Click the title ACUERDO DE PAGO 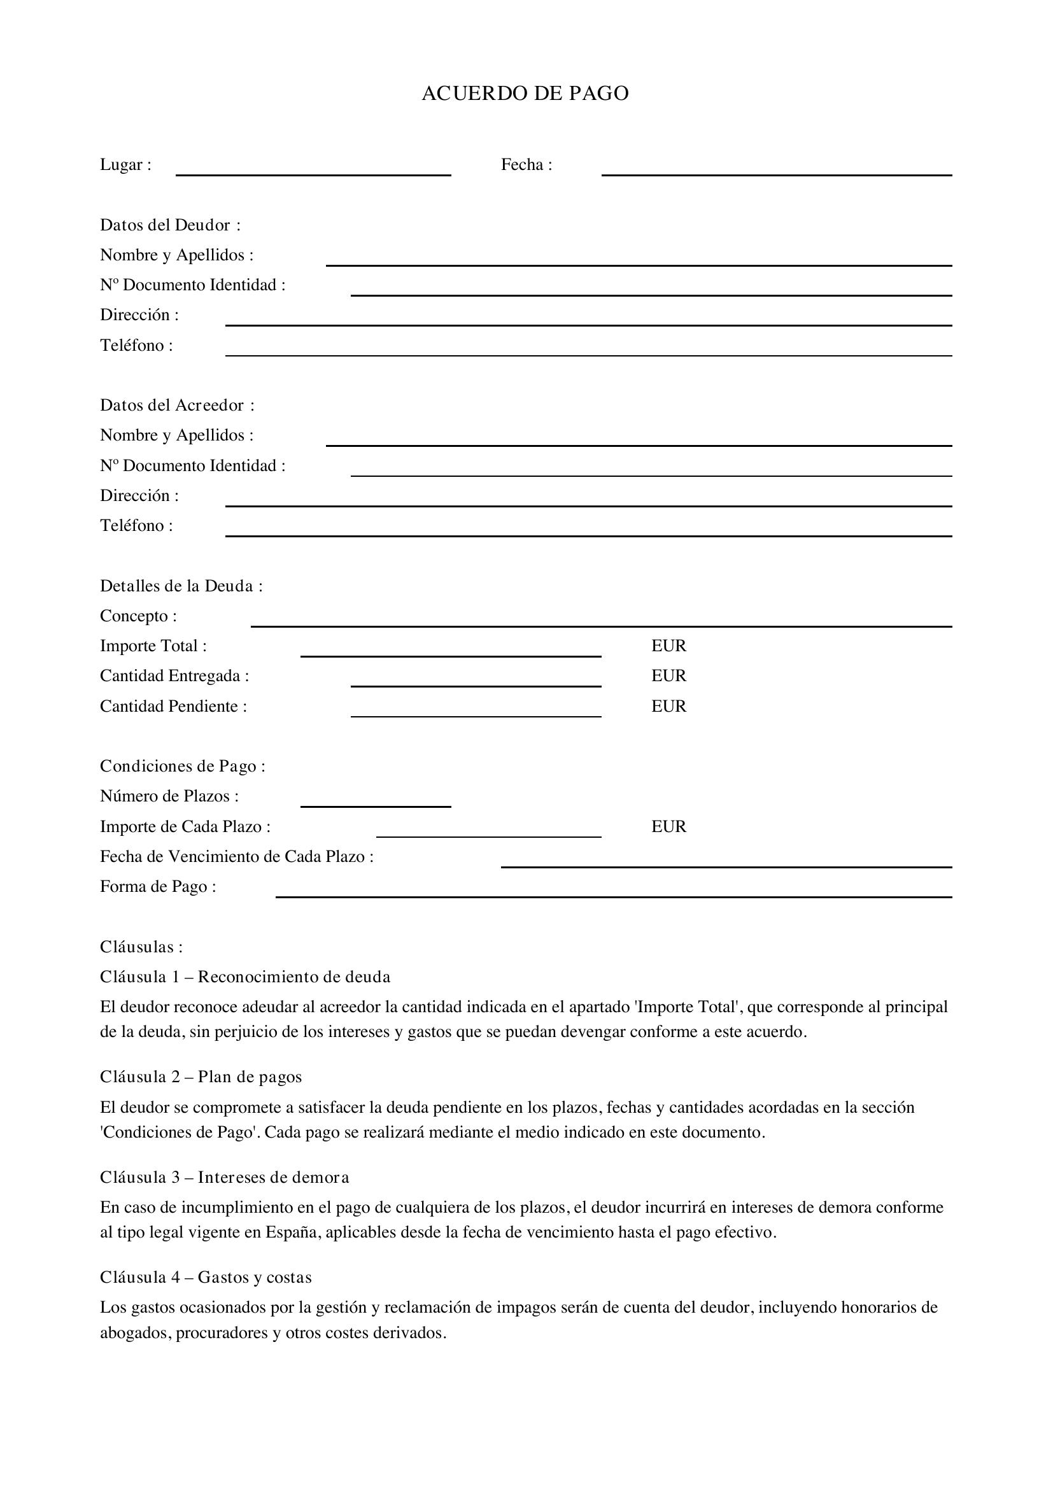point(525,94)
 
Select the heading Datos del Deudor point(170,225)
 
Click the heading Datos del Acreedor point(177,406)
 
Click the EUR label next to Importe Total point(668,646)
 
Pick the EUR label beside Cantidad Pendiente point(668,706)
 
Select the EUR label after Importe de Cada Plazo point(668,827)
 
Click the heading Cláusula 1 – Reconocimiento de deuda point(245,977)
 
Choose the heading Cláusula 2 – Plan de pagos point(201,1077)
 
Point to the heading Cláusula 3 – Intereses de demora point(224,1177)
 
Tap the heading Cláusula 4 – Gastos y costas point(206,1277)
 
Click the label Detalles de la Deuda point(181,586)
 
